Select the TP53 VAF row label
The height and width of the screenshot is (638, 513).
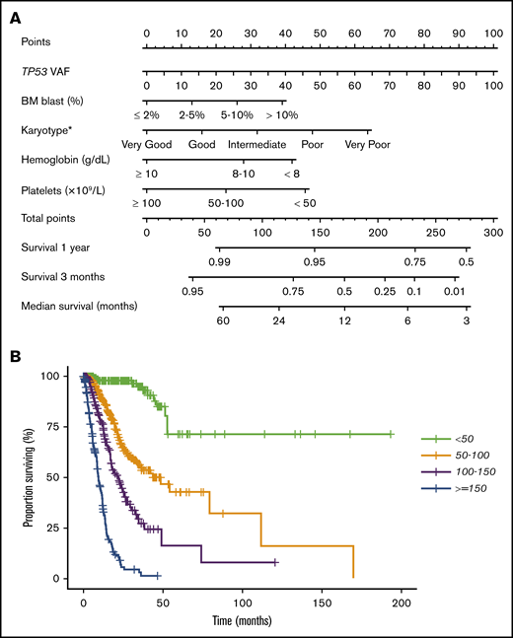tap(45, 71)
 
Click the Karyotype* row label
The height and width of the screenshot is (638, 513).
tap(49, 129)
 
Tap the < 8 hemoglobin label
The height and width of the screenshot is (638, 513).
tap(293, 174)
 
